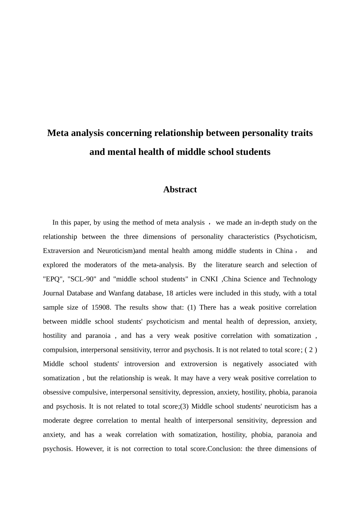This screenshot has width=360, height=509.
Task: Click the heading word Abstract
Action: click(x=180, y=190)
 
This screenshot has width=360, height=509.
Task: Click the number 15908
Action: click(x=100, y=308)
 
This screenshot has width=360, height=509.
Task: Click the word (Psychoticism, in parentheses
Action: click(x=295, y=237)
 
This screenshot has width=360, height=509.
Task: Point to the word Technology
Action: click(x=299, y=279)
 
